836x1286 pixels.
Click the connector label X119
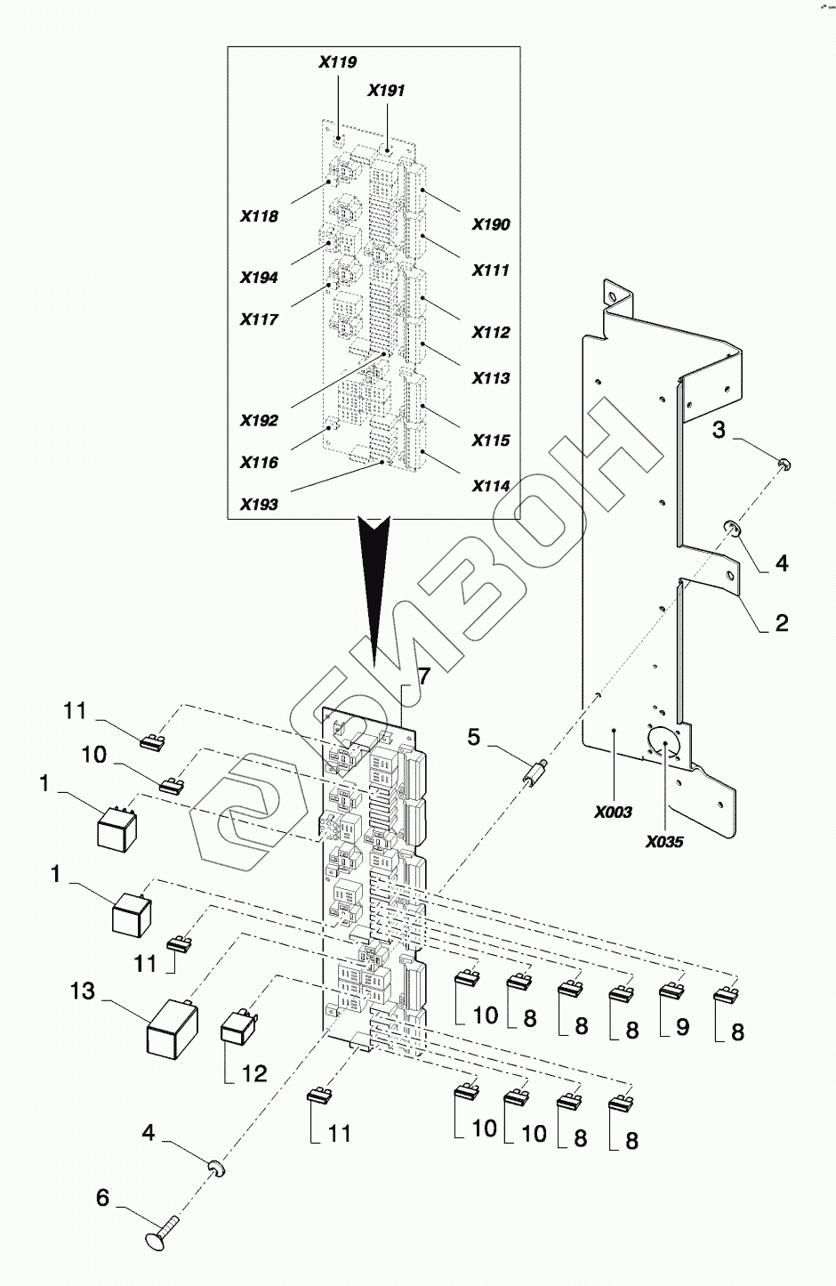coord(338,62)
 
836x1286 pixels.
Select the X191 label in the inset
coord(386,90)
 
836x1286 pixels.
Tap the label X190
coord(491,224)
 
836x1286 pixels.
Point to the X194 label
coord(259,278)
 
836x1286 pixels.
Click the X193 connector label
coord(259,505)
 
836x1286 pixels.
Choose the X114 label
coord(491,486)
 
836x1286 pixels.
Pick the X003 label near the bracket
coord(614,813)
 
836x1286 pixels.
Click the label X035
coord(664,842)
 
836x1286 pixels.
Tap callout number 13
coord(83,991)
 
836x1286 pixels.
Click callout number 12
coord(253,1073)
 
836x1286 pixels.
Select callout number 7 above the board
coord(422,676)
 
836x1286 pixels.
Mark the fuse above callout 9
coord(671,989)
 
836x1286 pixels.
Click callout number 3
coord(719,430)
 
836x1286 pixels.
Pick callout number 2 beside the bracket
coord(782,623)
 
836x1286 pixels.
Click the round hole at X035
coord(663,745)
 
